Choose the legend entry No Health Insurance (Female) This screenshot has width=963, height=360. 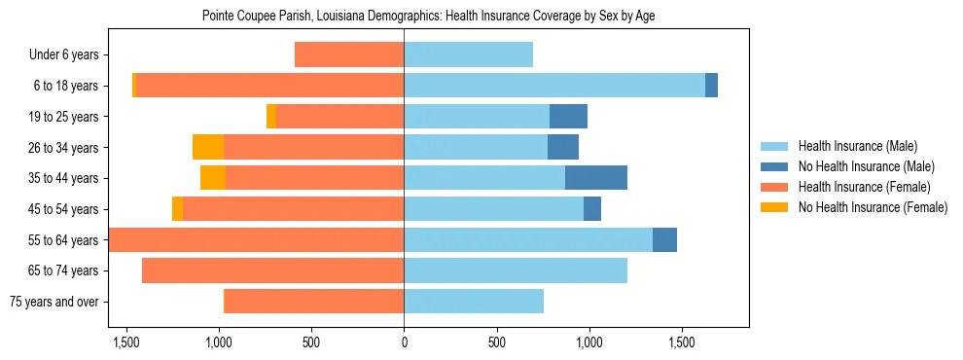click(873, 207)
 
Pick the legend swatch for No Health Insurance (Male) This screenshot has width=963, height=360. click(774, 166)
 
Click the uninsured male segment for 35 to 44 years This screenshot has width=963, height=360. click(595, 178)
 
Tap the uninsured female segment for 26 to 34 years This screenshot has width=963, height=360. click(208, 147)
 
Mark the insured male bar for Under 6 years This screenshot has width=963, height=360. click(468, 55)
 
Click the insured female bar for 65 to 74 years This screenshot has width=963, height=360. click(272, 270)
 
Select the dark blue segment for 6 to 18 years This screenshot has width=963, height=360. click(711, 86)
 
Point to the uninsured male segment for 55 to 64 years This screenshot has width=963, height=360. click(664, 239)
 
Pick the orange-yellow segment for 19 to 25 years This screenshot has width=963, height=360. click(271, 117)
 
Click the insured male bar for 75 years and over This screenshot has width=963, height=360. click(474, 302)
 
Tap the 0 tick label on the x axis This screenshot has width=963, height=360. click(404, 342)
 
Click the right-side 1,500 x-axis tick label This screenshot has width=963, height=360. click(682, 342)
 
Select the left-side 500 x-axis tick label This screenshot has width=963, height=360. click(311, 342)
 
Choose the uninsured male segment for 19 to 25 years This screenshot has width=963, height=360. click(568, 117)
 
